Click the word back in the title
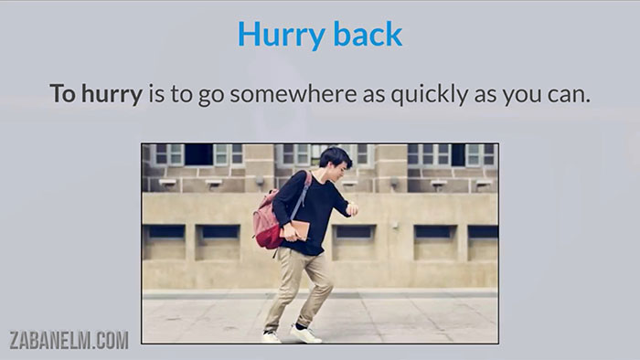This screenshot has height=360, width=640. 363,34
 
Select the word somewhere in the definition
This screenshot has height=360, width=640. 275,94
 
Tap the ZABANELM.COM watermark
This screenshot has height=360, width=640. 69,341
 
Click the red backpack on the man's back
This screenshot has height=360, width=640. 268,219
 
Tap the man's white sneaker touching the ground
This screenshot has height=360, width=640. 305,334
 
